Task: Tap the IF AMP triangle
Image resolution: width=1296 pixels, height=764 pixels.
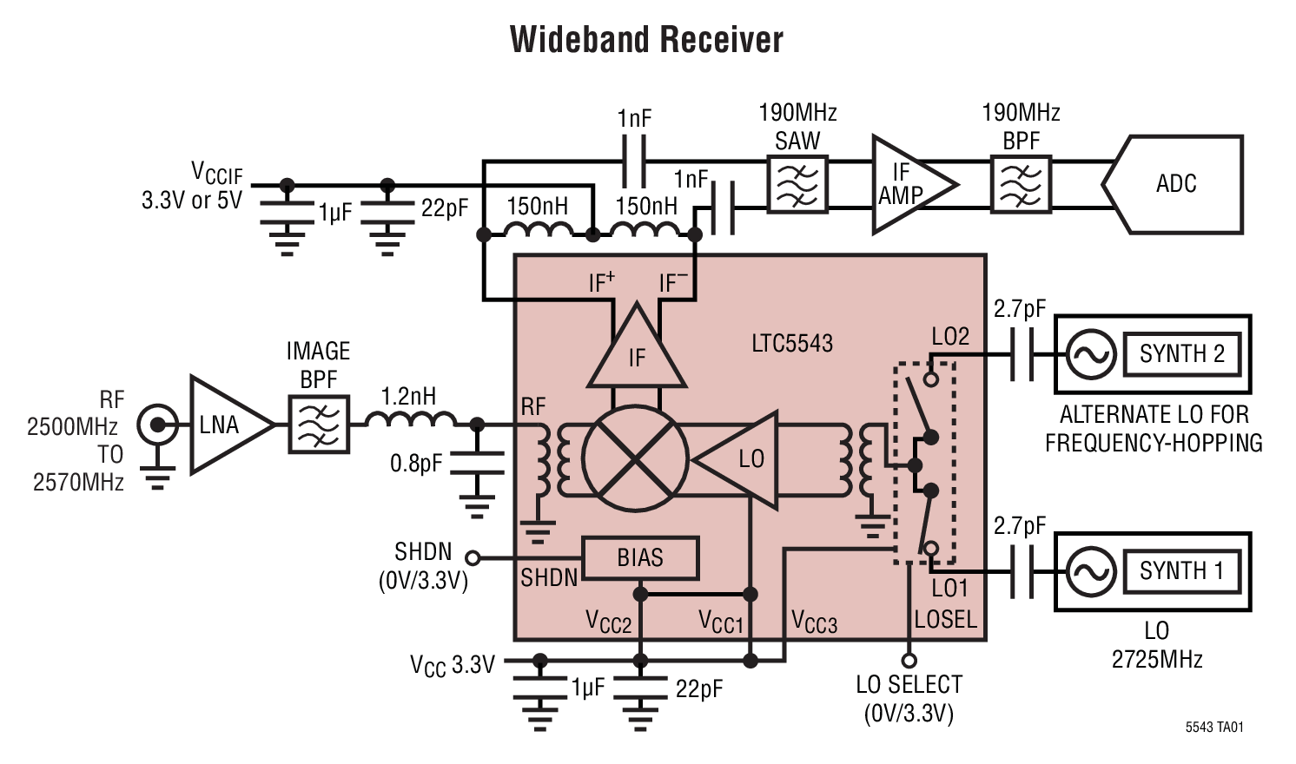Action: coord(908,184)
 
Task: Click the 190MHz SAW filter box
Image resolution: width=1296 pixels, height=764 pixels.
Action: coord(797,184)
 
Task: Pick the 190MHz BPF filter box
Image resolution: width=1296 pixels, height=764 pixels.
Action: coord(1021,184)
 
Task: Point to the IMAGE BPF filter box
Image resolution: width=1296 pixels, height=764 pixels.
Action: coord(319,425)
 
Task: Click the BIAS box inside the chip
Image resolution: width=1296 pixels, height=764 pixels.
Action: coord(640,557)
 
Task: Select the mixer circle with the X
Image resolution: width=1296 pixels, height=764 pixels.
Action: coord(635,458)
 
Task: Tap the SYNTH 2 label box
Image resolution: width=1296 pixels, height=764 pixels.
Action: coord(1181,354)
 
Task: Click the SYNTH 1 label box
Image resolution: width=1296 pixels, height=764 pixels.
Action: coord(1181,571)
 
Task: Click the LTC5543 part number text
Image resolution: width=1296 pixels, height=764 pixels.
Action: coord(791,344)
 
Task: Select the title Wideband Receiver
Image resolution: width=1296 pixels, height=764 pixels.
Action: coord(646,40)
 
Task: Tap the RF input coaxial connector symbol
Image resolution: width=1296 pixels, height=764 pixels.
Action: coord(157,425)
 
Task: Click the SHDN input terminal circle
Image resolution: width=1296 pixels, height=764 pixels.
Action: coord(473,557)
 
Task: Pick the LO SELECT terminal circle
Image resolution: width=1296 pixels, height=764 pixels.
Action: coord(909,661)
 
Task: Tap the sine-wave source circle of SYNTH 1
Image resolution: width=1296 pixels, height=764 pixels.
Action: coord(1091,571)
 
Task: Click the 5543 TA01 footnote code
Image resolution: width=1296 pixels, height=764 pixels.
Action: coord(1213,728)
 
